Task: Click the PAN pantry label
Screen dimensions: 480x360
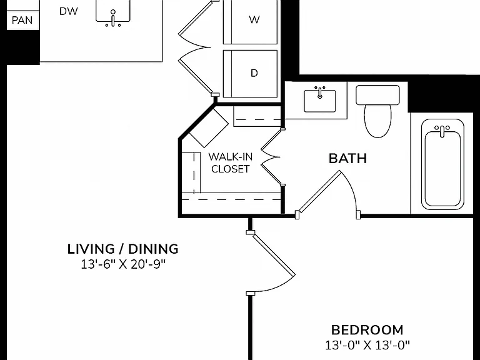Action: (x=22, y=20)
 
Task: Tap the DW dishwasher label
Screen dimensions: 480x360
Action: (x=69, y=11)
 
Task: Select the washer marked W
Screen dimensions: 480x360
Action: (x=251, y=21)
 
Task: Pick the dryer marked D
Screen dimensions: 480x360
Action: (x=251, y=74)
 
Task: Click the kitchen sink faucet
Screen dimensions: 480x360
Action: (x=113, y=19)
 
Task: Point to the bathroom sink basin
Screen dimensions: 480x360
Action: (x=319, y=101)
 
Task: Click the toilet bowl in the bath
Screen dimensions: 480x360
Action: (x=378, y=121)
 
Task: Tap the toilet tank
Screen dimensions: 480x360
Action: (x=377, y=95)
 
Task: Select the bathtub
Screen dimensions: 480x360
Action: (x=442, y=164)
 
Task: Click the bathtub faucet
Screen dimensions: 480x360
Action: (x=442, y=131)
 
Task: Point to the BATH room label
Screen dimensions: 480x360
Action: (x=347, y=159)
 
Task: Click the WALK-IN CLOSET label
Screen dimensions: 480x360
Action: (x=230, y=163)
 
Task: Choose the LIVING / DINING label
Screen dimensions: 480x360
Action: (x=122, y=249)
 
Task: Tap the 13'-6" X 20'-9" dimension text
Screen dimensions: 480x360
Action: (x=123, y=264)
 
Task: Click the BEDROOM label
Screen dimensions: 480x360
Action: (x=367, y=330)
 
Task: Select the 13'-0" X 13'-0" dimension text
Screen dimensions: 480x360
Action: (x=367, y=345)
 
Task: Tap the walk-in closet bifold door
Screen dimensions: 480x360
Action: (x=271, y=157)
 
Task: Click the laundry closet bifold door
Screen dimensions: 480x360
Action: (x=195, y=47)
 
